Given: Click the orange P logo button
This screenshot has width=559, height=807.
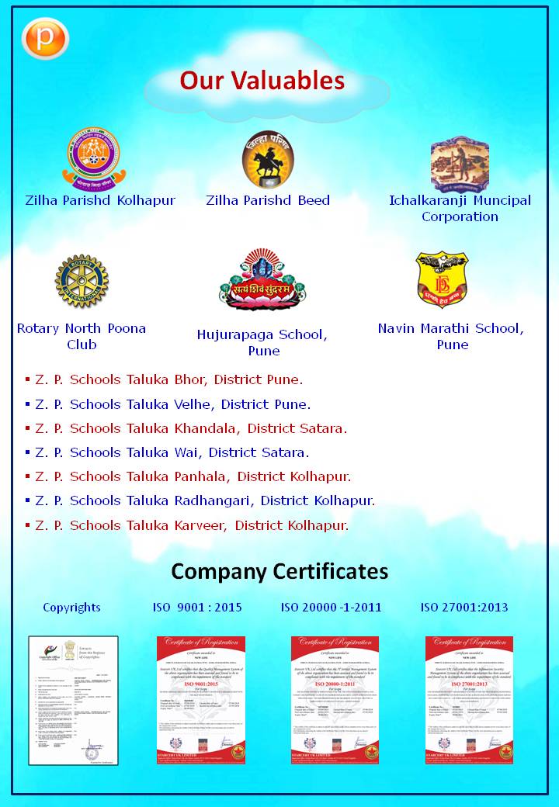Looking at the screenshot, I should tap(46, 39).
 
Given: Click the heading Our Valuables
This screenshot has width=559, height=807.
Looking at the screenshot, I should tap(262, 81).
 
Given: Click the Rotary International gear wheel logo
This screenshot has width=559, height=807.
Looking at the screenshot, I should tap(82, 281).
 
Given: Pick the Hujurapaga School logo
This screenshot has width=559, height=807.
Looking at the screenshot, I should tap(262, 280).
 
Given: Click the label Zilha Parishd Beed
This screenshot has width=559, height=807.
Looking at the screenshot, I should tap(268, 200).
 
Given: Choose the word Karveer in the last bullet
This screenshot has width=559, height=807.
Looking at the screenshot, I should tap(200, 525).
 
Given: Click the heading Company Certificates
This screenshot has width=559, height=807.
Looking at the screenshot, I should tap(279, 572).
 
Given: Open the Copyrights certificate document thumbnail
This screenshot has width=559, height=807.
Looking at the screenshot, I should tap(74, 700).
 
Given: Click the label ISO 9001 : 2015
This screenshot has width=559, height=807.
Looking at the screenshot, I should tap(197, 607).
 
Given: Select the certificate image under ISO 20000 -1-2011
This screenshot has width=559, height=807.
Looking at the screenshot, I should tap(335, 700).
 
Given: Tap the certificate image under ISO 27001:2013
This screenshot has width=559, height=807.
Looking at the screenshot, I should tap(469, 700).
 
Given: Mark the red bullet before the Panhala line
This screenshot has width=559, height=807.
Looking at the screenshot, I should tap(27, 476).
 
